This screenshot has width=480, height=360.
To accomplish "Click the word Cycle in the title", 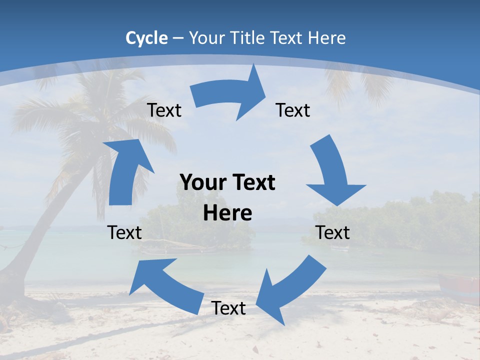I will click(146, 38).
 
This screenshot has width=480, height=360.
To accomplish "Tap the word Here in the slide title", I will click(327, 38).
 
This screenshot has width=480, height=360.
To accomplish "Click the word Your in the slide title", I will click(207, 38).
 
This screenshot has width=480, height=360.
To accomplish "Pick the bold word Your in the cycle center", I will click(201, 183).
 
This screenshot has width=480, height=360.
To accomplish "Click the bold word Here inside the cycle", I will click(227, 213).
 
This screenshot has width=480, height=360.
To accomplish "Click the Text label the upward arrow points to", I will click(164, 110).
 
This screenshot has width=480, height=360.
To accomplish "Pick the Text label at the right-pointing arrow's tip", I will click(293, 110).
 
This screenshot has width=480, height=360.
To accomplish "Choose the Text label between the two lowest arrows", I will click(228, 308).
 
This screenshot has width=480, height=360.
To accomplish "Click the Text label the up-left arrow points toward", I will click(125, 232).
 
